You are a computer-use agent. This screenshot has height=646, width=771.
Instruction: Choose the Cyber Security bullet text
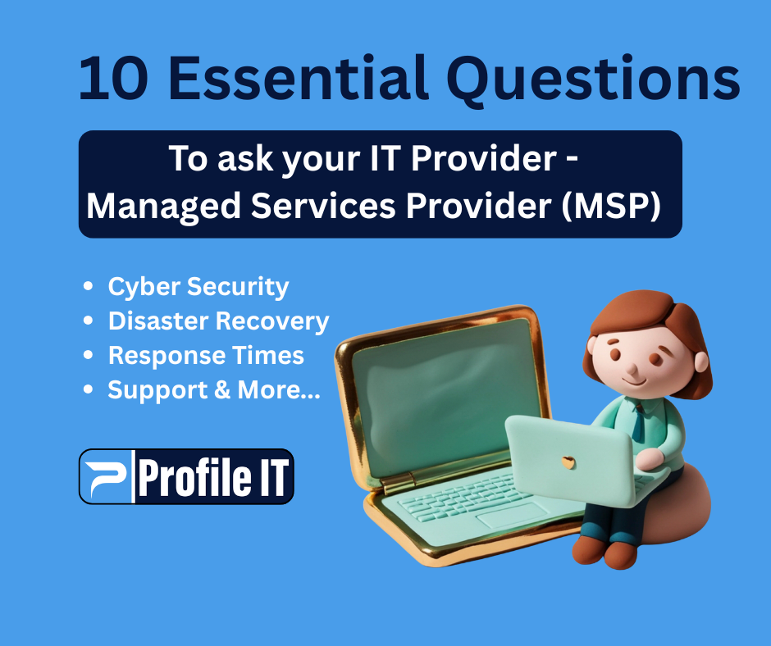point(198,287)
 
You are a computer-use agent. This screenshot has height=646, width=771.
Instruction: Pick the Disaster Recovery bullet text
point(218,321)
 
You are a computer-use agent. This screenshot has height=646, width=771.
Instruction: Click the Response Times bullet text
point(206,356)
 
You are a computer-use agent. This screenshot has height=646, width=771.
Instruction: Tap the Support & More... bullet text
point(214,390)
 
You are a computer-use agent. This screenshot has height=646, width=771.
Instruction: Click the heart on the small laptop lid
point(568,462)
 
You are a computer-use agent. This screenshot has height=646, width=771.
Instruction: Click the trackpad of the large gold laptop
point(513,516)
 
